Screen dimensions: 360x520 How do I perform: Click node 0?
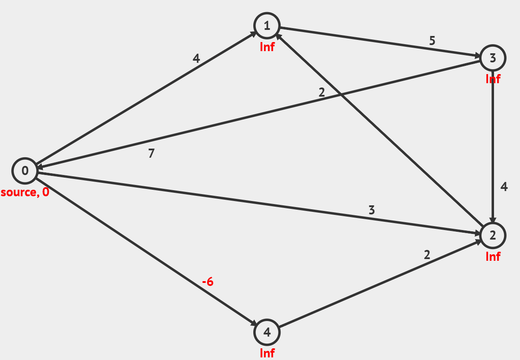click(25, 171)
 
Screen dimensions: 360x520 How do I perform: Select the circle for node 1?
click(267, 26)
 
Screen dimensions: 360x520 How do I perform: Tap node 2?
click(493, 235)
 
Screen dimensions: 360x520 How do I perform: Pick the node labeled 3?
click(493, 58)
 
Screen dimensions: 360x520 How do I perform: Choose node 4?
click(267, 332)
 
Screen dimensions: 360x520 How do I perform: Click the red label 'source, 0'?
click(25, 192)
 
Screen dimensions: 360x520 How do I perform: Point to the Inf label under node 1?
click(267, 47)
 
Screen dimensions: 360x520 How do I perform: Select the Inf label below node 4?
click(267, 353)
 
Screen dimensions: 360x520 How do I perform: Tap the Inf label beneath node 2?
click(493, 256)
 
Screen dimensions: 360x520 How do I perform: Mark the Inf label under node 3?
click(493, 79)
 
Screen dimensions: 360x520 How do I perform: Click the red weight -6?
click(208, 282)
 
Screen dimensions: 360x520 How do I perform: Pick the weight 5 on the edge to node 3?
click(432, 41)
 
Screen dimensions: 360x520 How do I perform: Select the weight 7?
click(151, 153)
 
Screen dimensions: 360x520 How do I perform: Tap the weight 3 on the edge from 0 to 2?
click(371, 211)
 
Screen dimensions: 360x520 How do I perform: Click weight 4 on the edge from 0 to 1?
click(197, 58)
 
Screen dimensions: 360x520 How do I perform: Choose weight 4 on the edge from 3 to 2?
click(504, 187)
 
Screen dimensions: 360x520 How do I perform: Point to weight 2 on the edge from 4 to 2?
click(427, 255)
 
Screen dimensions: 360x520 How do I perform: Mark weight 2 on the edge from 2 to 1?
click(321, 92)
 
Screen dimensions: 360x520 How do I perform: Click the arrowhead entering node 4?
click(254, 324)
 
